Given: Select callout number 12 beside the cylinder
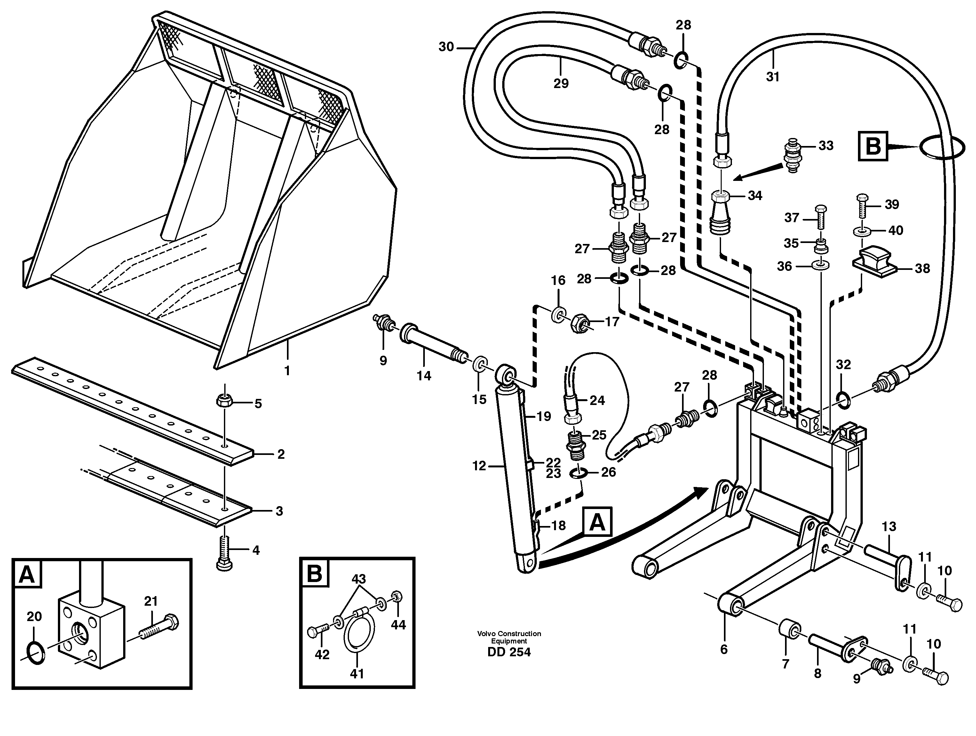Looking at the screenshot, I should tap(479, 465).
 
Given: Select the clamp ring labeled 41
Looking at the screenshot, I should tap(359, 634).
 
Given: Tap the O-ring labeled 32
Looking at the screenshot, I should tap(842, 400).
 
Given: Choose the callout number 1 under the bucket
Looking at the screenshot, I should tap(287, 370).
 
